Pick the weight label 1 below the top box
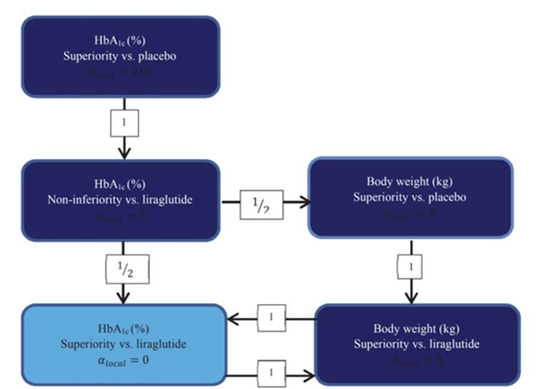click(x=124, y=123)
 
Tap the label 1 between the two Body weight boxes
click(x=410, y=267)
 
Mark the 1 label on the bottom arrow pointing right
click(x=271, y=373)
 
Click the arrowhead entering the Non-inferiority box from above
click(x=124, y=153)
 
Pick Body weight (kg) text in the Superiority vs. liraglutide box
click(x=417, y=329)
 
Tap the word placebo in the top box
click(x=159, y=55)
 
